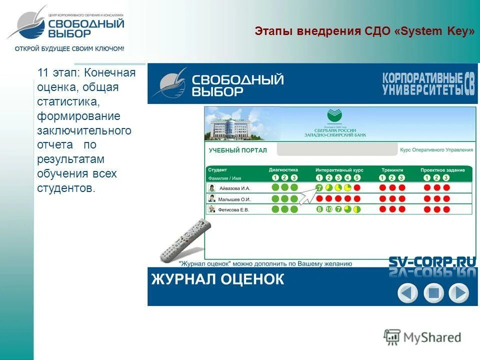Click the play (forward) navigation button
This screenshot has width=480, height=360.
pos(458,292)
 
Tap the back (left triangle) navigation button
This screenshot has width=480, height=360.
pos(407,292)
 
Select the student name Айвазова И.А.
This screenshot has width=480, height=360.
pos(234,188)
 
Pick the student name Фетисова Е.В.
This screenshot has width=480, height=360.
pos(233,209)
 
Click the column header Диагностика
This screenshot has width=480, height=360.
pos(283,170)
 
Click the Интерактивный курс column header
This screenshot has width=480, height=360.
pos(339,170)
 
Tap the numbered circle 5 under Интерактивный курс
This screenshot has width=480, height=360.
pos(357,177)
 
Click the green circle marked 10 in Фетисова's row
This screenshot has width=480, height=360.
pos(328,209)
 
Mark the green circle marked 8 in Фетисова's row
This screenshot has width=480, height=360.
pos(319,209)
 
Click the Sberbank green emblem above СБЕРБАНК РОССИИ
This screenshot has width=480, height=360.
pos(334,116)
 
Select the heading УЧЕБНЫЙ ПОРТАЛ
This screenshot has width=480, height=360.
pos(237,150)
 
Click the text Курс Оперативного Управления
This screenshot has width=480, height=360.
pos(436,150)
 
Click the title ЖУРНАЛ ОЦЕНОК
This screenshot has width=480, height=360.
pos(217,279)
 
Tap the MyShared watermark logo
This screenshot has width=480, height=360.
pos(422,337)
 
